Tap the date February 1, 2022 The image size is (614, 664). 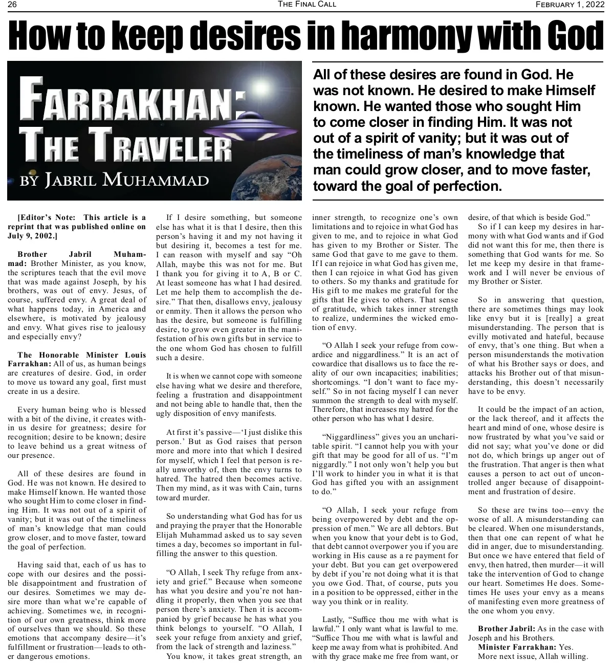coord(569,5)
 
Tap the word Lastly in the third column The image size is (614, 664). coord(334,619)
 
